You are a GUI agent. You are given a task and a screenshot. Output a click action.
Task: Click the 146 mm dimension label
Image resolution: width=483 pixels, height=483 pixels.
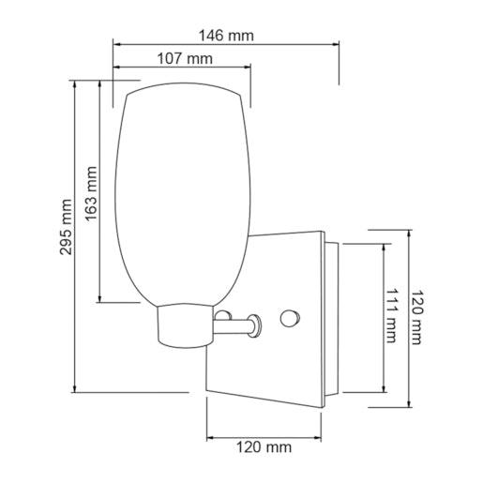(x=226, y=36)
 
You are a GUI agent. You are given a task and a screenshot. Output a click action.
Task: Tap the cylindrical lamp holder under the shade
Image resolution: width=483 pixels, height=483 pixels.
(x=184, y=325)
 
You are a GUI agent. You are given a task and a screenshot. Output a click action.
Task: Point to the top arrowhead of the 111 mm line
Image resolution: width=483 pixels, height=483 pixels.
(x=383, y=246)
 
